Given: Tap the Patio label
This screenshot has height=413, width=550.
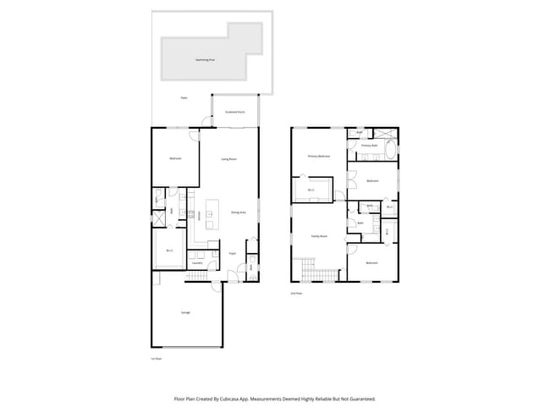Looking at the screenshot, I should [x=184, y=98].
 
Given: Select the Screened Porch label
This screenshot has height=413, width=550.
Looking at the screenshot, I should [x=235, y=112].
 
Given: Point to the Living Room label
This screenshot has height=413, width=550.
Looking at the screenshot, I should [x=228, y=159].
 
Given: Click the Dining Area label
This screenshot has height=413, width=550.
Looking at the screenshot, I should [x=239, y=212].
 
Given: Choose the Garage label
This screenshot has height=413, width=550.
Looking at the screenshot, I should [x=185, y=312].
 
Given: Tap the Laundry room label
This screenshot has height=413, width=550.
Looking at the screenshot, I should [x=197, y=263].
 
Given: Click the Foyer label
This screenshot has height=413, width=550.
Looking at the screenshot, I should [x=232, y=252].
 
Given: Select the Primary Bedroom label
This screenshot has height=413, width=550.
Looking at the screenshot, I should [x=318, y=157].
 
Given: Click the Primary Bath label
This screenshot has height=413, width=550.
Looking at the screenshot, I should [x=370, y=146].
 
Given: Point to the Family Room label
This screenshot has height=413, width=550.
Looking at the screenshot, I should [x=319, y=236].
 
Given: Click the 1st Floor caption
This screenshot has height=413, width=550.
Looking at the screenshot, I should [x=156, y=359].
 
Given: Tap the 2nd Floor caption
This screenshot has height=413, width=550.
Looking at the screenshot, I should [x=296, y=293].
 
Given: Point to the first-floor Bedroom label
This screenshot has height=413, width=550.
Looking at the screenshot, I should [x=175, y=159].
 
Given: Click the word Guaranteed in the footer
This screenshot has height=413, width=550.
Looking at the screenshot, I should [x=360, y=398].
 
